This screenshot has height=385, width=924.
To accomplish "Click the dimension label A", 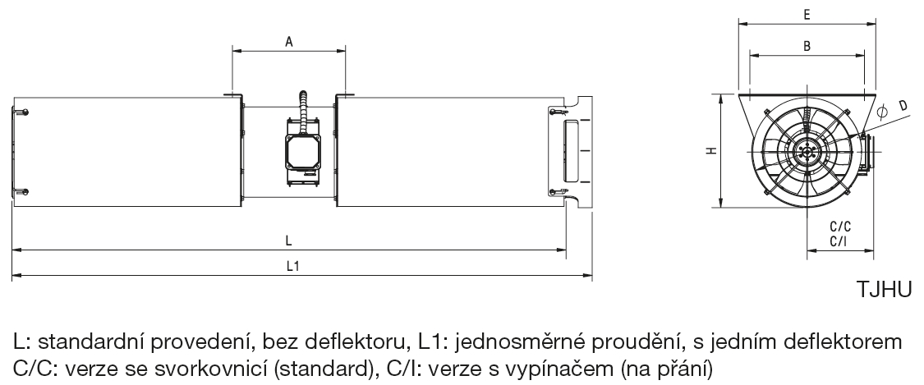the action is click(x=289, y=41).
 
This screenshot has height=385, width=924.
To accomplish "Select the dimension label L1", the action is click(x=293, y=266).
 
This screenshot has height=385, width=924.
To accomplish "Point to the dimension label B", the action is click(x=807, y=46).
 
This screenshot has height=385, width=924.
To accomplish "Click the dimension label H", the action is click(x=712, y=151).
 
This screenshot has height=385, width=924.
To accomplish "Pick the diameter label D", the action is click(x=902, y=106).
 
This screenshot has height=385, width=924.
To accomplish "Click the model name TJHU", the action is click(x=883, y=289).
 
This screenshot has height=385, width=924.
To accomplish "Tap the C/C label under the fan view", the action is click(x=840, y=227).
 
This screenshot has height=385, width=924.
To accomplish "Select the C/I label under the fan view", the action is click(x=839, y=241).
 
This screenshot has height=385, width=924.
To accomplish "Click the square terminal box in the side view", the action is click(x=304, y=152).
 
